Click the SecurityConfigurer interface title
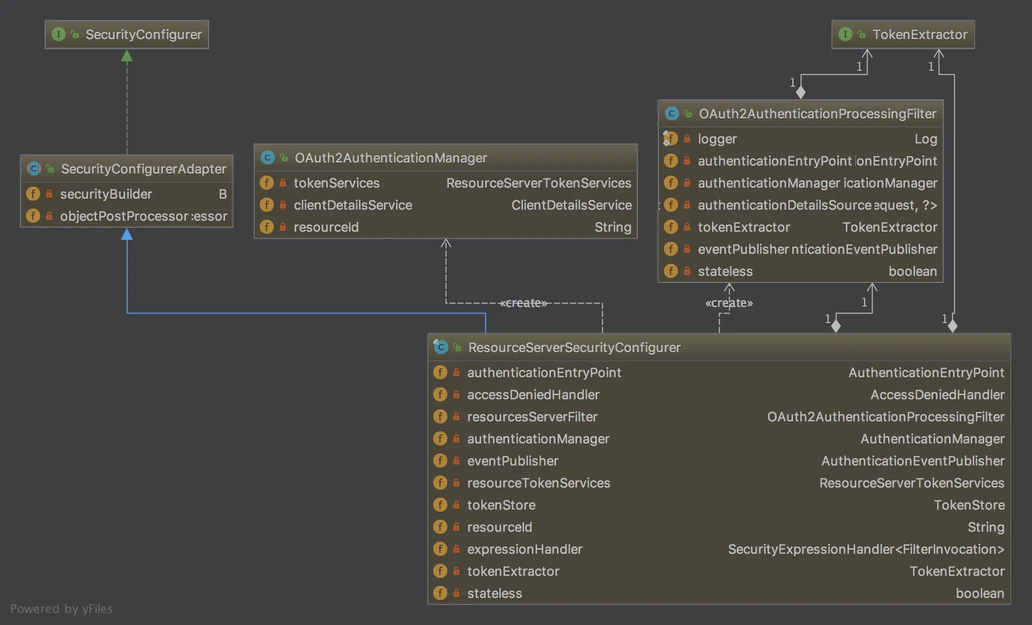pos(143,35)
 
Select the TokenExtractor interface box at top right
pos(903,35)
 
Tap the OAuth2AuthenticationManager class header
pos(391,158)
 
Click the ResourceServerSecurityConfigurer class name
pos(574,348)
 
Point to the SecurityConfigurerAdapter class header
pos(143,169)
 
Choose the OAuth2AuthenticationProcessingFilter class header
pos(817,114)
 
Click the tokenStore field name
pos(501,505)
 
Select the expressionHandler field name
pos(525,549)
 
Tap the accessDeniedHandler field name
pos(533,395)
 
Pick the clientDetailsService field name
pos(353,205)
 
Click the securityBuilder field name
pos(106,194)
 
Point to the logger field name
pos(717,139)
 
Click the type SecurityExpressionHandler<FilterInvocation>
pos(866,549)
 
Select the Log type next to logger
pos(926,139)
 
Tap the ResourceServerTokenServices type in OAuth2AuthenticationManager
pos(539,183)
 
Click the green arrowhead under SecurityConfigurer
pos(127,56)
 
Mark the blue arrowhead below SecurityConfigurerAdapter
pos(127,234)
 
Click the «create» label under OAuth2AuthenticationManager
pos(523,303)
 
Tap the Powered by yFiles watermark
pos(61,609)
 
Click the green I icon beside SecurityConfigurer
pos(59,34)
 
